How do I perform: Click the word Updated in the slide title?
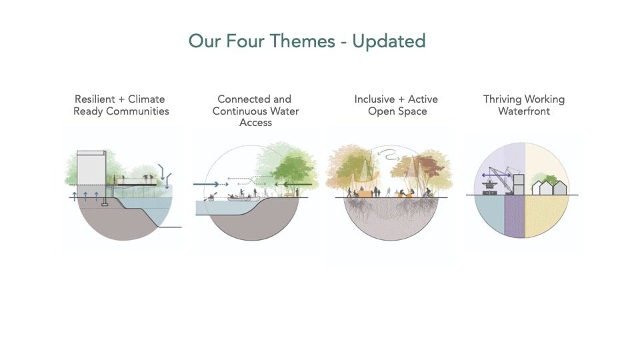coord(389,41)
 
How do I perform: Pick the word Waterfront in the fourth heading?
coord(524,111)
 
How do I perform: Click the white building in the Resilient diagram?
coord(91,169)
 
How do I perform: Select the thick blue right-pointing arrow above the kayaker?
coord(203,184)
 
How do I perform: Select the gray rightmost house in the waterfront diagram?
coord(560,188)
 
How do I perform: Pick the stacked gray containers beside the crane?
coord(519,184)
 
